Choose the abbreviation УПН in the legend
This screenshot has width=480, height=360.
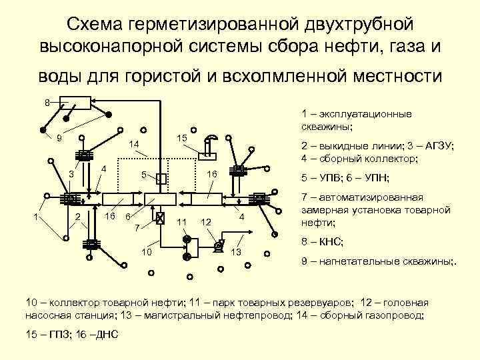pyautogui.click(x=376, y=177)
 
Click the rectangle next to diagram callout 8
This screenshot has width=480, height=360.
pyautogui.click(x=75, y=103)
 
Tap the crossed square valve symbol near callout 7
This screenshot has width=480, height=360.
pyautogui.click(x=160, y=218)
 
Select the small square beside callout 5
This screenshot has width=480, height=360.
pyautogui.click(x=160, y=178)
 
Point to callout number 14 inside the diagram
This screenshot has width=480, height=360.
pyautogui.click(x=133, y=143)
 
